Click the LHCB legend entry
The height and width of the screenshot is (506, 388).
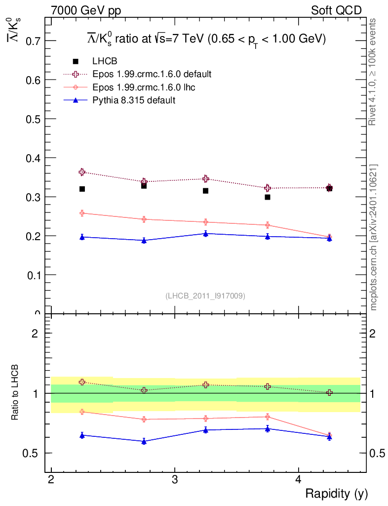click(x=103, y=61)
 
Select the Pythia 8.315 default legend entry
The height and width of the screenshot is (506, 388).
click(x=134, y=100)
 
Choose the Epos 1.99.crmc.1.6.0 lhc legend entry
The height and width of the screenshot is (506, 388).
click(x=145, y=87)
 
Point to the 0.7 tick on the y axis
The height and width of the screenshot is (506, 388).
click(x=32, y=41)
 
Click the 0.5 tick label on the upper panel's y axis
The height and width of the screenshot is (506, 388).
click(x=32, y=119)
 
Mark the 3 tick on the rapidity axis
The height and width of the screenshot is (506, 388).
click(x=175, y=480)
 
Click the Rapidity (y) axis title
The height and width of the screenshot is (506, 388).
click(x=336, y=494)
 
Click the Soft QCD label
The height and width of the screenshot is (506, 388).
click(x=336, y=10)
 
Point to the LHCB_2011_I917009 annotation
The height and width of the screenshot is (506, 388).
click(x=205, y=295)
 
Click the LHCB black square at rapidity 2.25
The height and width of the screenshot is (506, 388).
click(x=82, y=189)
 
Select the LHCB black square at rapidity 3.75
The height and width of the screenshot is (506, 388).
click(x=268, y=197)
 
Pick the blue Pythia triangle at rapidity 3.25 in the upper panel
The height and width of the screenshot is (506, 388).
click(x=205, y=233)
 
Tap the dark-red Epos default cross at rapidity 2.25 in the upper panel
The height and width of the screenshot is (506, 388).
click(x=82, y=172)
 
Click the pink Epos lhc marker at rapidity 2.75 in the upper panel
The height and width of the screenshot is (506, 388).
click(x=144, y=219)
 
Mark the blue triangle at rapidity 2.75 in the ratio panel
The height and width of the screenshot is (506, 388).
click(x=144, y=441)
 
